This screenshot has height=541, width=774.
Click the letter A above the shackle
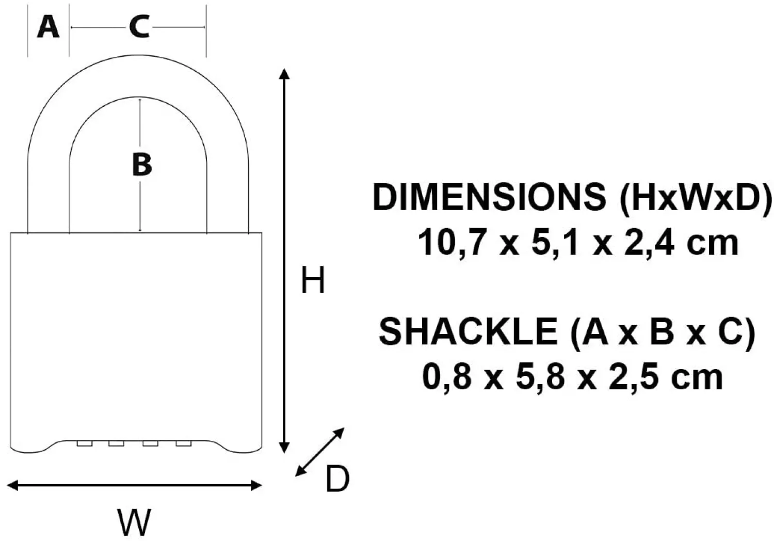pos(48,27)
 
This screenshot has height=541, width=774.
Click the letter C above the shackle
pos(139,27)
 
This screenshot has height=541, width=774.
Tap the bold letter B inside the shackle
pos(141,164)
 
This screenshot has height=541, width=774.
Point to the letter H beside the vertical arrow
pos(313,281)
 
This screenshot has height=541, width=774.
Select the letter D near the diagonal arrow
pos(337,479)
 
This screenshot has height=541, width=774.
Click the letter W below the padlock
pos(134,522)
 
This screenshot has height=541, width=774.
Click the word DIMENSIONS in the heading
pos(489,197)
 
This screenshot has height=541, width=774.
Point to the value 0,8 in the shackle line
pos(447,377)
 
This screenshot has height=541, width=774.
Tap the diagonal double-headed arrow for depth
pos(320,452)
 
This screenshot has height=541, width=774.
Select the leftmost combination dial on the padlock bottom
pos(85,443)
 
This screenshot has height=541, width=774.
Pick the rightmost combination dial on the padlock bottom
pos(184,443)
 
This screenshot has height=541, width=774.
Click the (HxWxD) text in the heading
pos(695,197)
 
